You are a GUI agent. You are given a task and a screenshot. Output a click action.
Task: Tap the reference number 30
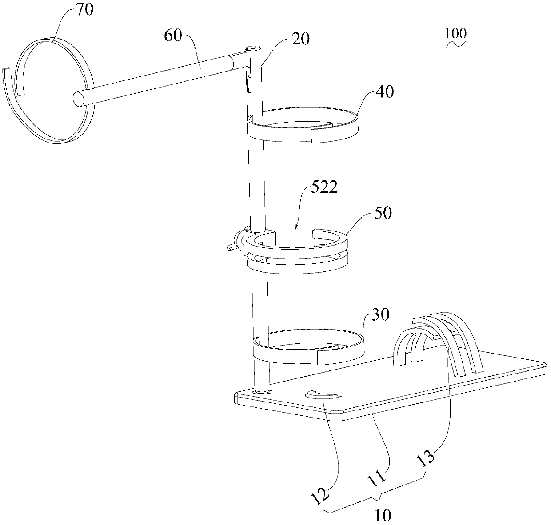point(380,315)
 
